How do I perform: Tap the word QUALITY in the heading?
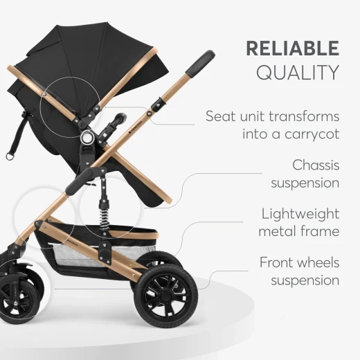(298, 72)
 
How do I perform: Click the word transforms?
(300, 116)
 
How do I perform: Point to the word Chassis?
(316, 165)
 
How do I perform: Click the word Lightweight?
(300, 213)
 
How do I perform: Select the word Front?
(279, 263)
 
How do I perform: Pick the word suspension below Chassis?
(305, 183)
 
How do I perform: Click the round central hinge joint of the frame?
(87, 138)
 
